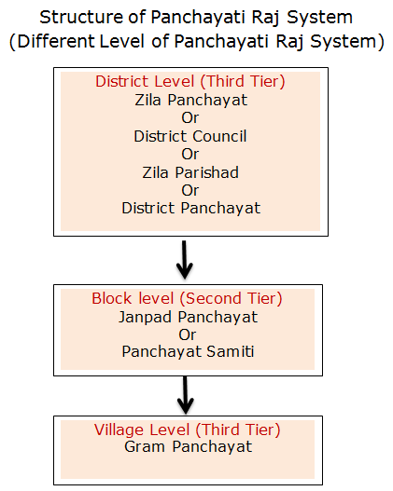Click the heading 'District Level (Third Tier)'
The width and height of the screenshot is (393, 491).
(190, 82)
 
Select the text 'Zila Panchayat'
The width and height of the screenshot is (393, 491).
(191, 101)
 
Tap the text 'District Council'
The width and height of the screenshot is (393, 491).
(190, 136)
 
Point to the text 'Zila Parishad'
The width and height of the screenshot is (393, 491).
(190, 172)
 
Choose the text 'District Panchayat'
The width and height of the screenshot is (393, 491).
(191, 209)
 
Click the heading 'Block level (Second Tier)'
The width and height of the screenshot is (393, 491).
(187, 298)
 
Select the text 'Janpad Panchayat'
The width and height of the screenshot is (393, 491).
(188, 318)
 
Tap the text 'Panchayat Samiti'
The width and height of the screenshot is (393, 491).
(188, 351)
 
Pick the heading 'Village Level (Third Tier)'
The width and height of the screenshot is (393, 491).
(187, 430)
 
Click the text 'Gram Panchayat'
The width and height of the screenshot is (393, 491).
(189, 447)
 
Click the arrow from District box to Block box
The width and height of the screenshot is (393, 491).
(185, 260)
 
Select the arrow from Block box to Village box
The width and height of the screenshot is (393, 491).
(186, 395)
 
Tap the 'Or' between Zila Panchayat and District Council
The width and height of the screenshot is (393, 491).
(190, 118)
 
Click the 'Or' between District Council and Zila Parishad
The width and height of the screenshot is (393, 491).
(190, 155)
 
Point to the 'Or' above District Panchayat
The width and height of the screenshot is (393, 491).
(190, 191)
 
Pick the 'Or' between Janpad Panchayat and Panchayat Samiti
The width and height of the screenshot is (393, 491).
(188, 335)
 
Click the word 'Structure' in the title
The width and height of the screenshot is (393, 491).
(81, 17)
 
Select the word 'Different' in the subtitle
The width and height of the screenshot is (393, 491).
(56, 41)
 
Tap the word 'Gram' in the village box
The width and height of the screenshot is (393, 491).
(145, 447)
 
